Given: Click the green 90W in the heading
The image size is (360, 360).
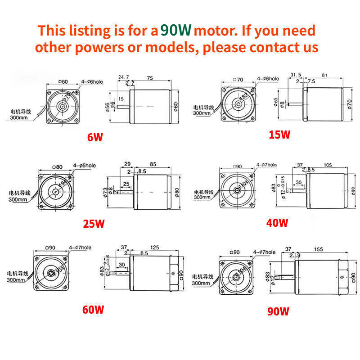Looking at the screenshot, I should click(176, 30).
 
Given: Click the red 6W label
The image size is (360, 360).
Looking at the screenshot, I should click(95, 137).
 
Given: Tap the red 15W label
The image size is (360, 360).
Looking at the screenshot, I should click(279, 134).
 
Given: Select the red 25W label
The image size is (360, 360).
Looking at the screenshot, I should click(94, 223).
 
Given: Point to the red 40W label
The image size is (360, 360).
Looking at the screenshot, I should click(277, 222).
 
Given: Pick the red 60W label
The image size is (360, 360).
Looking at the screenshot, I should click(93, 310).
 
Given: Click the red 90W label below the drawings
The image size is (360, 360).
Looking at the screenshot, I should click(278, 311).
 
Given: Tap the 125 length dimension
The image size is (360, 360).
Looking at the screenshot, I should click(154, 247).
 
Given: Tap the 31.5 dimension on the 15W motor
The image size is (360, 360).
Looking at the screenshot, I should click(296, 75).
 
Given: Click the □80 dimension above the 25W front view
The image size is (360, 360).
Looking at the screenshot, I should click(57, 167).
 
